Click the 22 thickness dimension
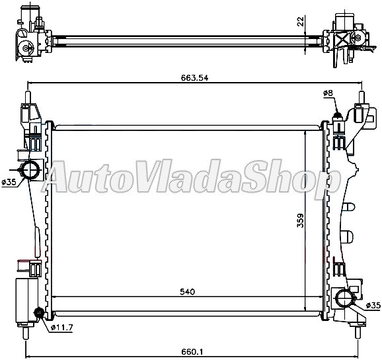pyautogui.click(x=301, y=22)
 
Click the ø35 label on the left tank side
pyautogui.click(x=9, y=183)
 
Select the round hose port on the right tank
pyautogui.click(x=344, y=297)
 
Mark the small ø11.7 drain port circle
pyautogui.click(x=38, y=314)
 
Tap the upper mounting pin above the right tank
pyautogui.click(x=362, y=97)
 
